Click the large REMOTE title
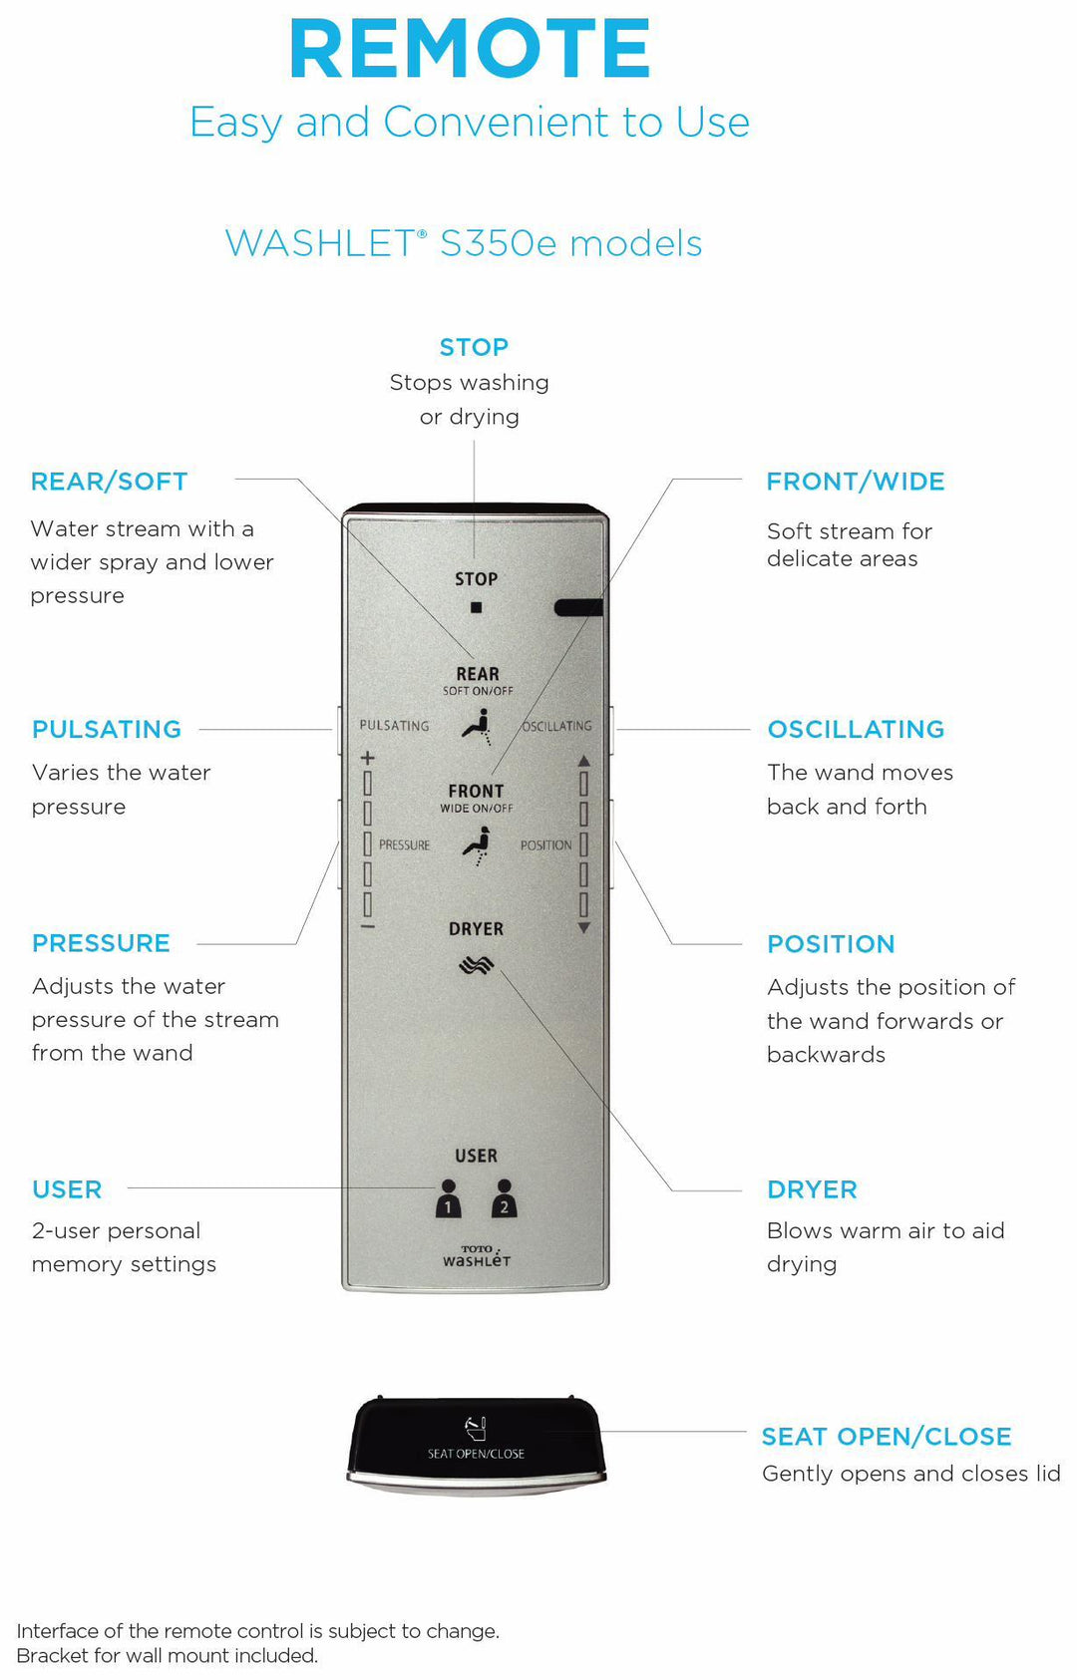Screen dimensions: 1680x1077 tap(470, 49)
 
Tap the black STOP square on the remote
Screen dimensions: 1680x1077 tap(477, 607)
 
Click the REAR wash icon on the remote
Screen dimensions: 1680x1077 tap(477, 726)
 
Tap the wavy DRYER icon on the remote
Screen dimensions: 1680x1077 tap(477, 965)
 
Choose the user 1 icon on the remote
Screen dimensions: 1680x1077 tap(449, 1199)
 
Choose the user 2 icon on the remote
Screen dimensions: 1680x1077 tap(504, 1199)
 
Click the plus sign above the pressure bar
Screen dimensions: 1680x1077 tap(367, 758)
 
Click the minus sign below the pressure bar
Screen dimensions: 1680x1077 tap(367, 927)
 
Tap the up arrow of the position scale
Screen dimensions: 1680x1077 tap(584, 761)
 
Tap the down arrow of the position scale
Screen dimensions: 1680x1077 tap(584, 927)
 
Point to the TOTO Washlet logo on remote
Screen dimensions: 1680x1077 tap(477, 1256)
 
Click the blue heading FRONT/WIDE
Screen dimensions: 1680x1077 tap(855, 482)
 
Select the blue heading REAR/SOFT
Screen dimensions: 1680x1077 tap(109, 482)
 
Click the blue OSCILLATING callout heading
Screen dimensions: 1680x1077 tap(856, 729)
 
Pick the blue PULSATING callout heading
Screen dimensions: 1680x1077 tap(107, 729)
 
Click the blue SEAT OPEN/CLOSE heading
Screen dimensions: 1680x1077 tap(887, 1437)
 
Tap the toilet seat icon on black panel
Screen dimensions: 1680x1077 tap(476, 1428)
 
